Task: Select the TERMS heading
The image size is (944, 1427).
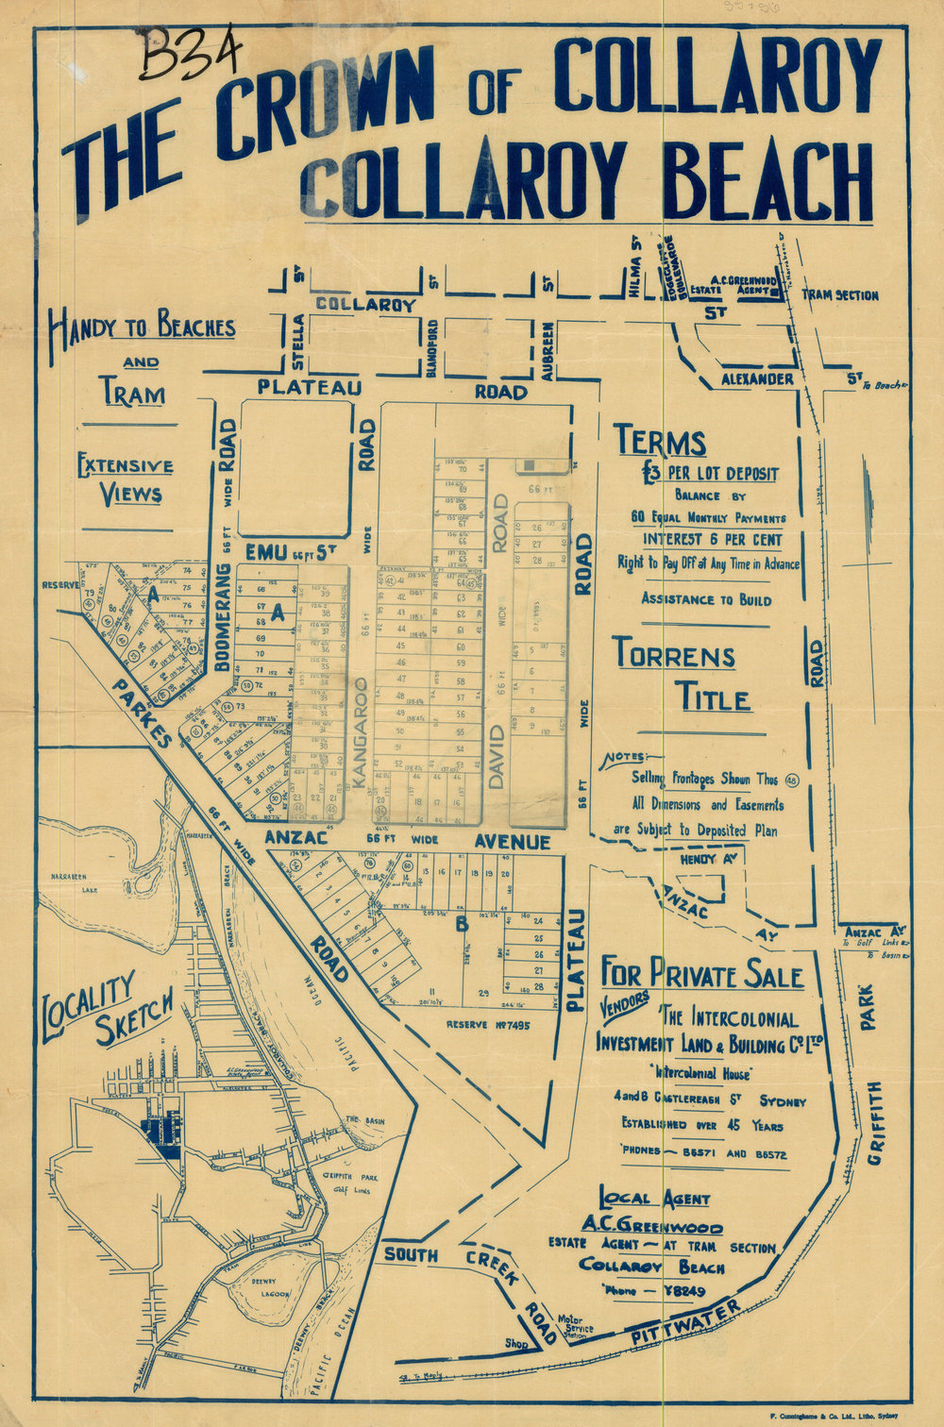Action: [660, 442]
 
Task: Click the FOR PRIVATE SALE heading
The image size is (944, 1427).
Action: [701, 974]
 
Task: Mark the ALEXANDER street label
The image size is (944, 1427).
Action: [758, 378]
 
